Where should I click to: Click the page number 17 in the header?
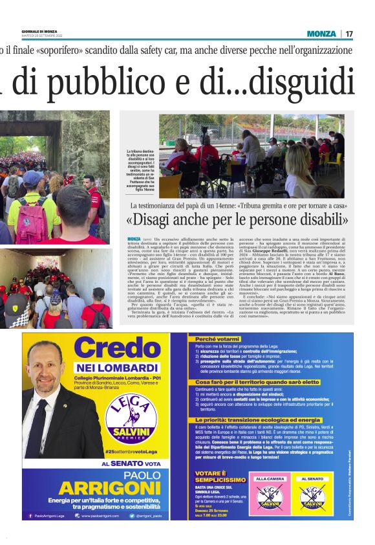349,34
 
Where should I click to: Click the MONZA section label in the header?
321,34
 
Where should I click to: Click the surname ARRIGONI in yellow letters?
109,487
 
